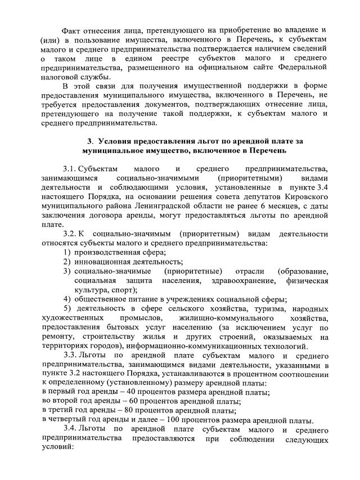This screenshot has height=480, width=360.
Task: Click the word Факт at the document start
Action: coord(71,29)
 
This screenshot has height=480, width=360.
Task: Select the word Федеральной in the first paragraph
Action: coord(301,67)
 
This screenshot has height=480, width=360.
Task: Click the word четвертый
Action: coord(68,420)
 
